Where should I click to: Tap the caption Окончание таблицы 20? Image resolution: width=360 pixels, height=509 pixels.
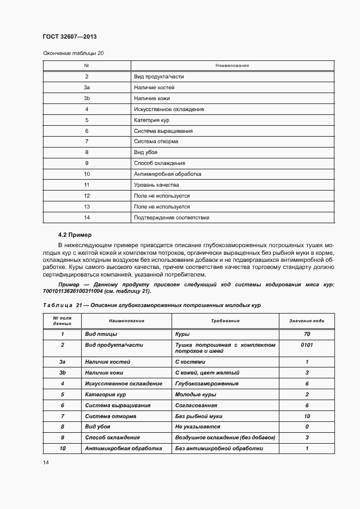[x=73, y=53]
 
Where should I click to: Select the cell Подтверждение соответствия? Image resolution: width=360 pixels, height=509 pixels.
[x=172, y=217]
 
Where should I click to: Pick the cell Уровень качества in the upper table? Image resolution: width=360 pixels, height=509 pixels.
[x=156, y=185]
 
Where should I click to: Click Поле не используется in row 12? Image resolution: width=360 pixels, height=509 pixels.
[x=162, y=195]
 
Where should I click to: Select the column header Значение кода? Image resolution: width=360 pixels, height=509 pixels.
[x=307, y=321]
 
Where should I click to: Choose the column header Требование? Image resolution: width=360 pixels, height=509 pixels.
[x=225, y=321]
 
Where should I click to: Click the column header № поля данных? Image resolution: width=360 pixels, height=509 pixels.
[x=62, y=321]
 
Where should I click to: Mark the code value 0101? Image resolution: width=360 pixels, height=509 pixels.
[x=307, y=345]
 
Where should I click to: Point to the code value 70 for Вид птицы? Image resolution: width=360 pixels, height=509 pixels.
[x=307, y=334]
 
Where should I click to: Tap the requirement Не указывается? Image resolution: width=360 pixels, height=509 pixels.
[x=198, y=427]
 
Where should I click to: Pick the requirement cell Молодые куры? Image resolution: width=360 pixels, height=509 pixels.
[x=196, y=394]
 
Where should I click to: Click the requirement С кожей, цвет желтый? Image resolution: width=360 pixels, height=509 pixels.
[x=208, y=372]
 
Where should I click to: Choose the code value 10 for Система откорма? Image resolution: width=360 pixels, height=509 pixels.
[x=307, y=416]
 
